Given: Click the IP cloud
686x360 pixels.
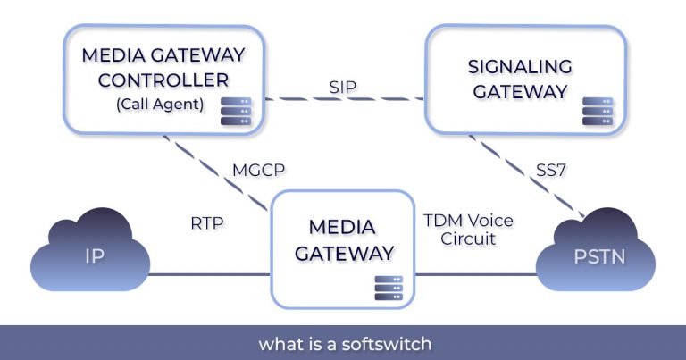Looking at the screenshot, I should [88, 255].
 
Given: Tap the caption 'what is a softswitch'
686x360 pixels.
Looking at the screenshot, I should [343, 343].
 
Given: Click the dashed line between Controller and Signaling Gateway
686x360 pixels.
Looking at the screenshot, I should [295, 98].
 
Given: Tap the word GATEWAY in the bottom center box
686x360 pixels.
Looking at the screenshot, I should [344, 253].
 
